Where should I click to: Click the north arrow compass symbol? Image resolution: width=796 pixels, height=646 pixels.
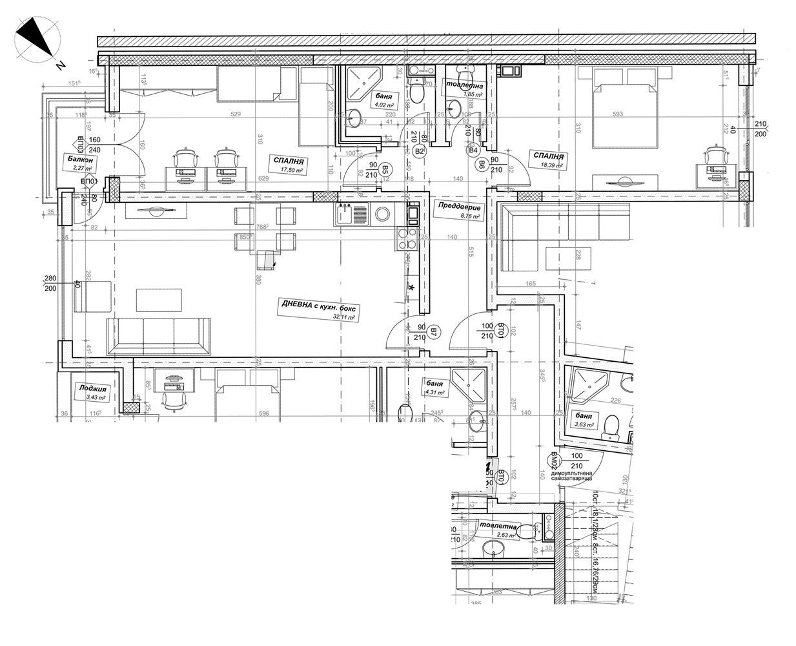pos(39,40)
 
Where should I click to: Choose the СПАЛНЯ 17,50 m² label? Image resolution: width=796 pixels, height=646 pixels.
pos(289,165)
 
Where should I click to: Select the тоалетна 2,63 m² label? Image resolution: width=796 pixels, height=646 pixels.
pos(497,530)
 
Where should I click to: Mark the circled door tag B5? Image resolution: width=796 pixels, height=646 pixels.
pos(385,169)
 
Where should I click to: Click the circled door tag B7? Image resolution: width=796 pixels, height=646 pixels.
pos(433,332)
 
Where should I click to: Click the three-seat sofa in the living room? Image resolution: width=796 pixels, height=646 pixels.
pos(159,335)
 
